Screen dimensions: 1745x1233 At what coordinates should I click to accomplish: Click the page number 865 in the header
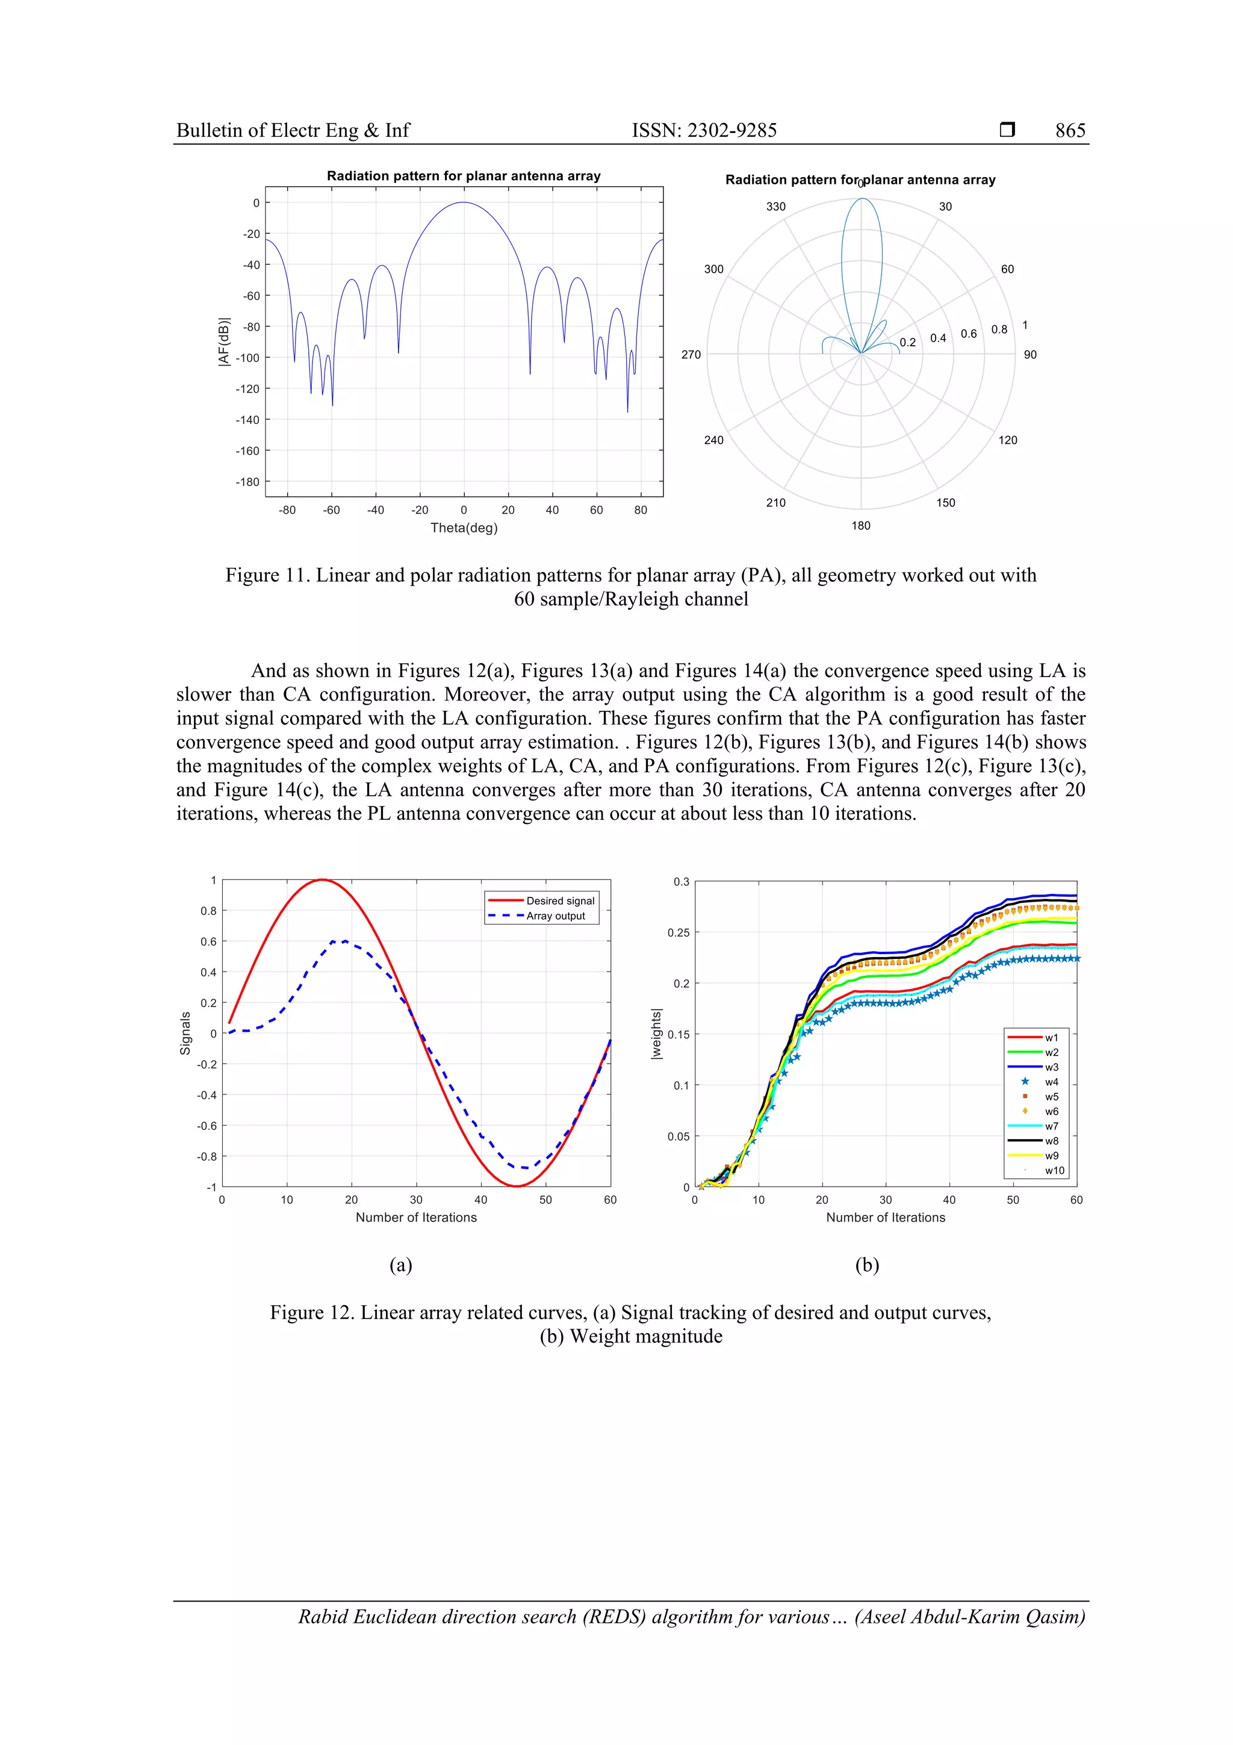pos(1070,131)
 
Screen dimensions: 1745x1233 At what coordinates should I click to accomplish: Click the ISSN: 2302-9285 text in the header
pos(704,131)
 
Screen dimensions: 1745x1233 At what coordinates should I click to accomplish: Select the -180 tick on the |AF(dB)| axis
pos(247,482)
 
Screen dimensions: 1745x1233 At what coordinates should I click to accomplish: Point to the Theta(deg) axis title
pos(464,528)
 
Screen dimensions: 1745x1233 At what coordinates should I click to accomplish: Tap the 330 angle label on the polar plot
pos(775,207)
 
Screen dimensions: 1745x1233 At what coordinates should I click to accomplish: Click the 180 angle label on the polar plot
pos(861,526)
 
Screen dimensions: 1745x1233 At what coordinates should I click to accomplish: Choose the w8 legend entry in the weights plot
pos(1051,1141)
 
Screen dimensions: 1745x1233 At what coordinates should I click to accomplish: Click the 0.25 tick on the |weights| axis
pos(679,932)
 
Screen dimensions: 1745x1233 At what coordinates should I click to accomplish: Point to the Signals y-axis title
pos(185,1034)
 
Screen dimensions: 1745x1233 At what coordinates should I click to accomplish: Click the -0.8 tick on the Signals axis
pos(207,1157)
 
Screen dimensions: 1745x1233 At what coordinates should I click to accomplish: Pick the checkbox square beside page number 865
pos(1007,130)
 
